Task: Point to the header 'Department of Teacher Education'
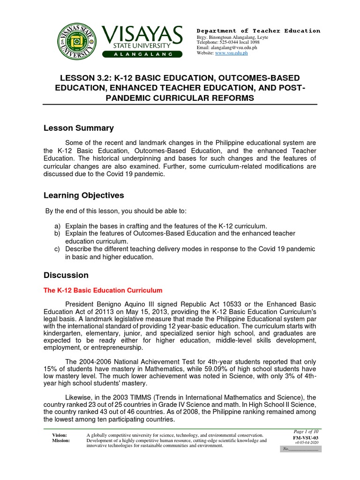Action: [x=258, y=31]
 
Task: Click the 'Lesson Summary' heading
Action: [x=79, y=128]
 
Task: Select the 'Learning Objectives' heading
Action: [x=84, y=195]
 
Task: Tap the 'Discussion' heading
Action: [x=66, y=275]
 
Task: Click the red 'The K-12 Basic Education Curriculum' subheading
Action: [x=103, y=291]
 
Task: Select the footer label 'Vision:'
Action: [x=60, y=435]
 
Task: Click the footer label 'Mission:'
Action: [x=62, y=441]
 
